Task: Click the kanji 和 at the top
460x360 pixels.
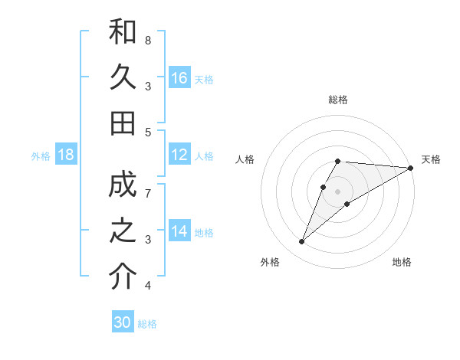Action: (x=123, y=33)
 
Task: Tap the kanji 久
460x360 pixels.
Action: (x=123, y=77)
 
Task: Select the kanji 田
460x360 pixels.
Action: (x=123, y=122)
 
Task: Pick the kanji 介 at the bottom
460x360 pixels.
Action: (x=123, y=277)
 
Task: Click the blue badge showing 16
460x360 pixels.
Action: (x=179, y=78)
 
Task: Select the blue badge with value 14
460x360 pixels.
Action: (x=179, y=232)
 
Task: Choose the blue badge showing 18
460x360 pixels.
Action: (x=66, y=155)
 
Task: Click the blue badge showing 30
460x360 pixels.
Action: (x=122, y=323)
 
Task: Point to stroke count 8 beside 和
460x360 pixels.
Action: (x=148, y=40)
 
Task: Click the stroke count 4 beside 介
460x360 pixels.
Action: (x=148, y=286)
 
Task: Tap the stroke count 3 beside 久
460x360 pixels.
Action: (x=148, y=86)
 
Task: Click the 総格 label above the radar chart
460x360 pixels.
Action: (x=338, y=100)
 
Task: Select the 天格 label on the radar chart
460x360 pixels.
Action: (x=431, y=159)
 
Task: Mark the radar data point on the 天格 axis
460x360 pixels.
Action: (x=411, y=168)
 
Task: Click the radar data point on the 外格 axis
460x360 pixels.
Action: (x=302, y=242)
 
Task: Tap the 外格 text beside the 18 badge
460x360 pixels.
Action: (x=41, y=156)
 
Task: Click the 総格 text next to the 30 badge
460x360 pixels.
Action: (x=147, y=324)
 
